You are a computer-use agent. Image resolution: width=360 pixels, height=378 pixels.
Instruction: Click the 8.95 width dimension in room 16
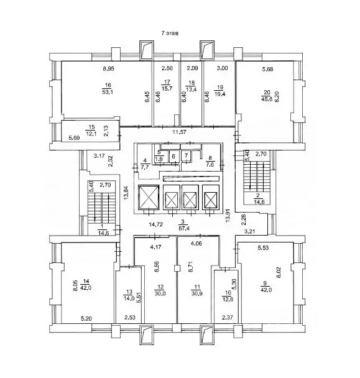(x=109, y=69)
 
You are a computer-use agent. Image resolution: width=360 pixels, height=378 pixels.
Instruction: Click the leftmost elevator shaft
(x=150, y=199)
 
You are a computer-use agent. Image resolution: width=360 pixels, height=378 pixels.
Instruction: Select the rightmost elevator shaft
(x=212, y=199)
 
